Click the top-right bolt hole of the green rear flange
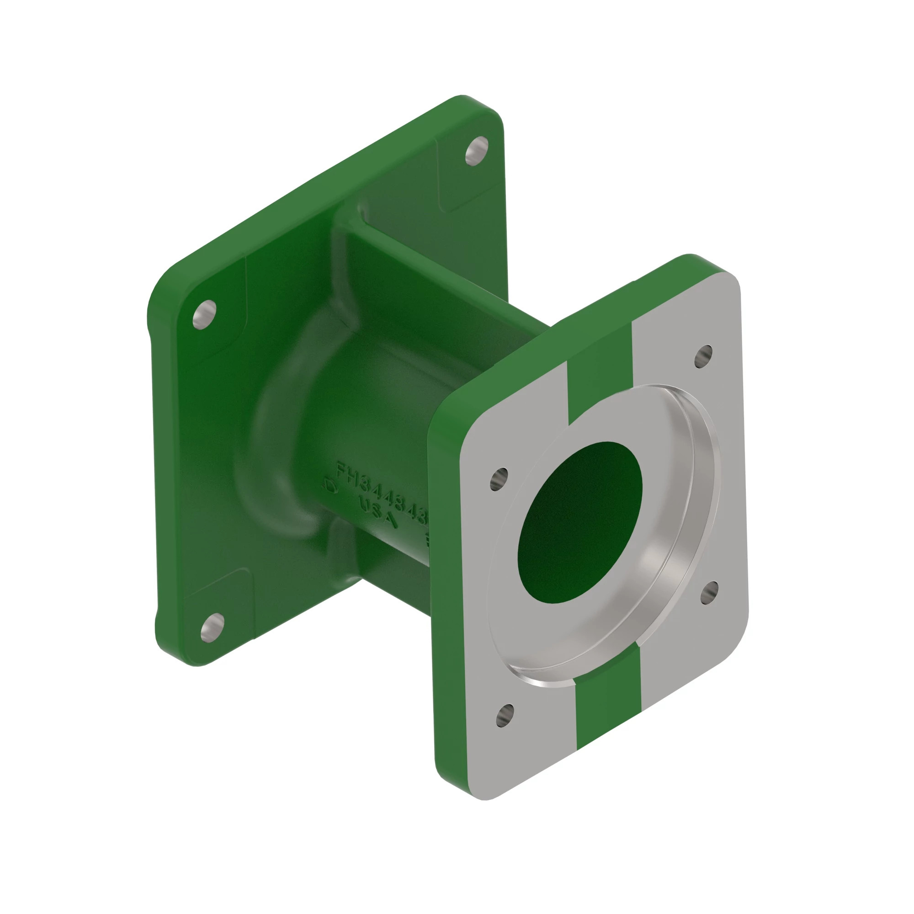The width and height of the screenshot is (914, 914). [x=476, y=150]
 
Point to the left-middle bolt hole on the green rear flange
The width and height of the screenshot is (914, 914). [x=204, y=314]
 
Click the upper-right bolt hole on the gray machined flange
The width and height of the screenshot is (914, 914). [x=703, y=355]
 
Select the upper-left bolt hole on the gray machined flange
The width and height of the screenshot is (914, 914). [x=499, y=478]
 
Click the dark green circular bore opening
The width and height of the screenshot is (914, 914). [x=579, y=523]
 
